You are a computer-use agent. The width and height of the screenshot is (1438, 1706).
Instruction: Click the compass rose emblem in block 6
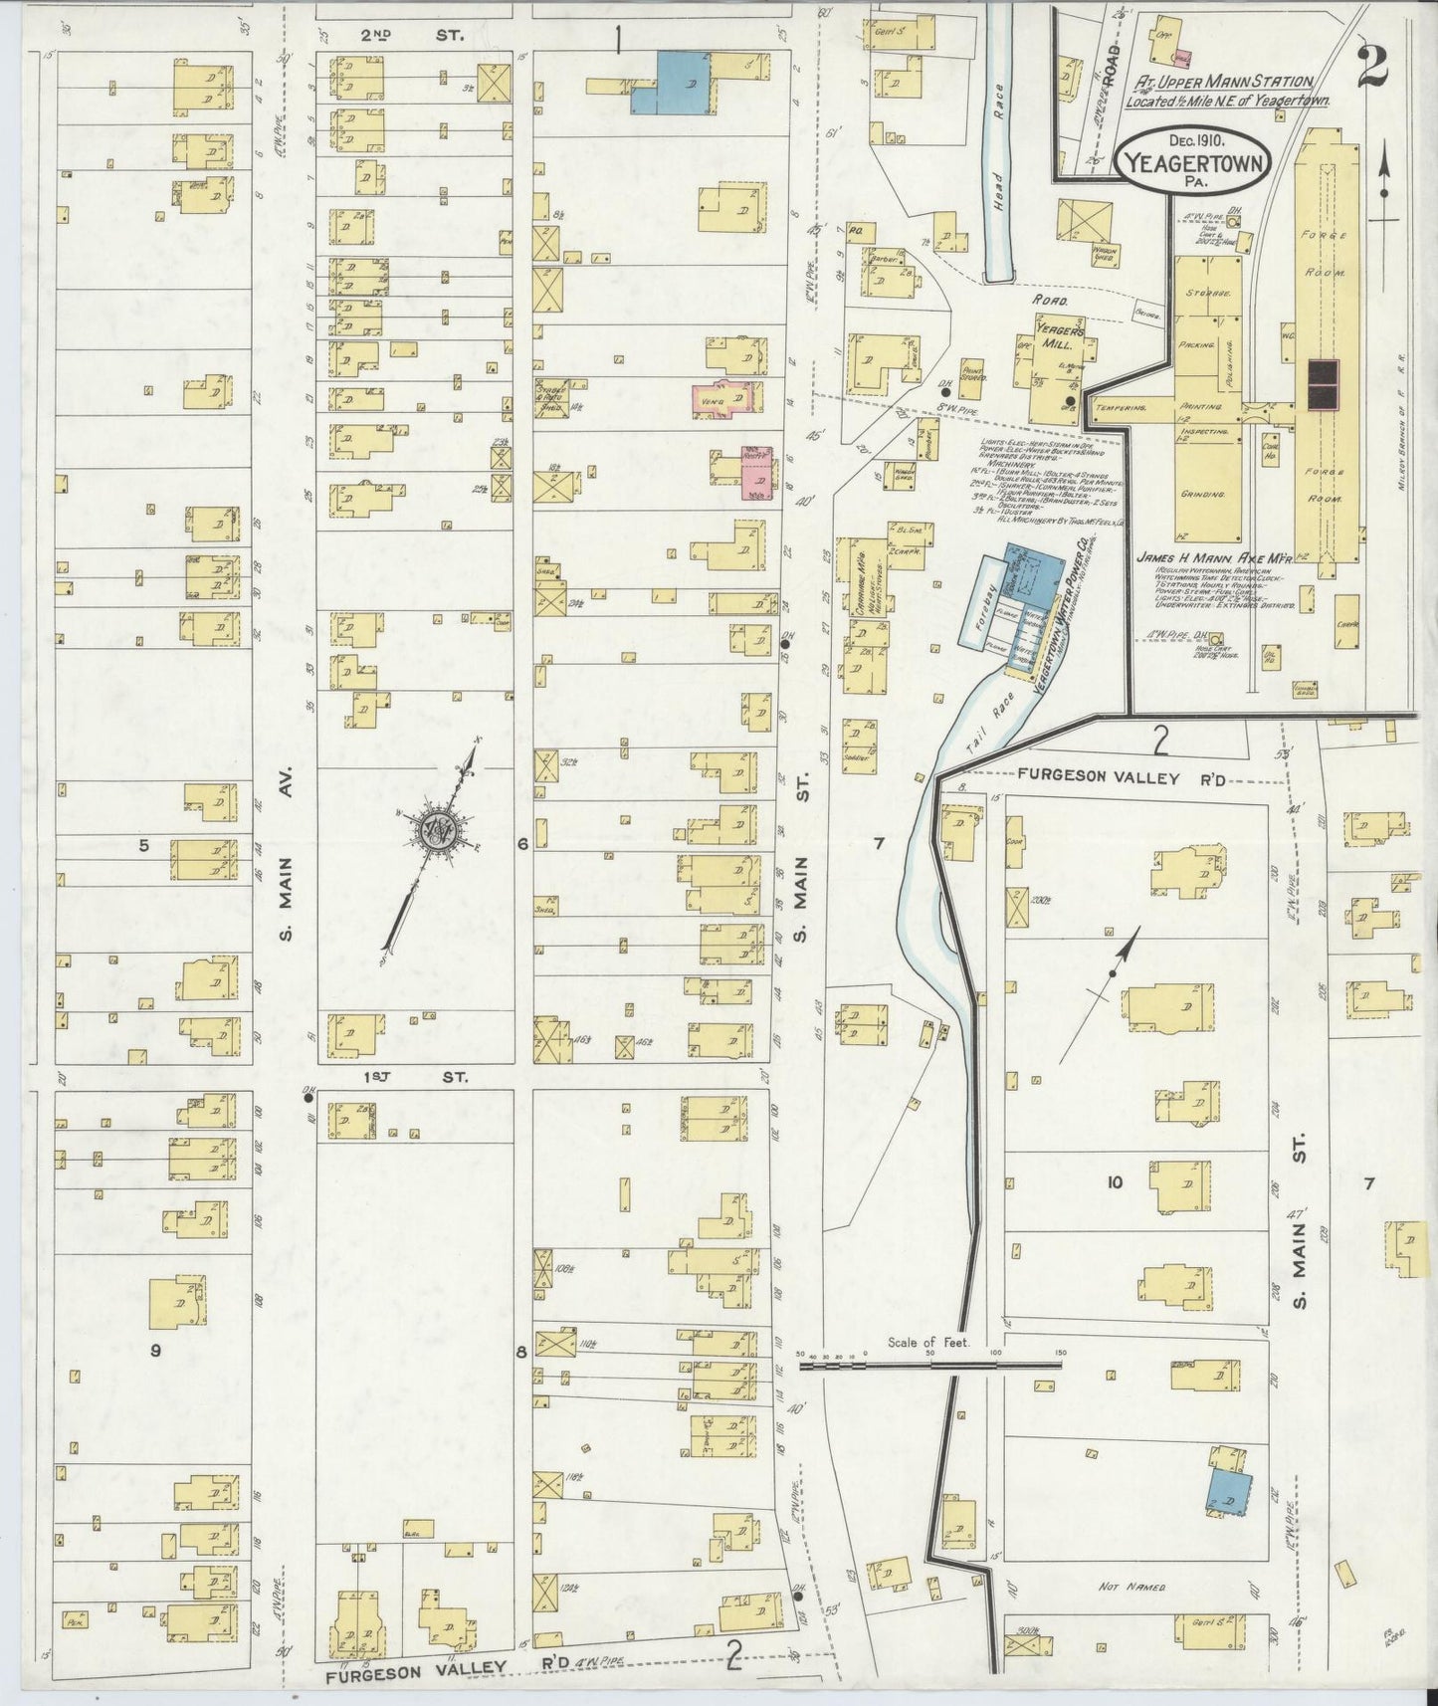[434, 830]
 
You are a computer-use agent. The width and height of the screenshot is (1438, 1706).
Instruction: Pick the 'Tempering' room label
[1115, 407]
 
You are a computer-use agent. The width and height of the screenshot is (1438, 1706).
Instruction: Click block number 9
[154, 1351]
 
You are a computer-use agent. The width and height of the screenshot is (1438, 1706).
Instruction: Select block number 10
[1114, 1181]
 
